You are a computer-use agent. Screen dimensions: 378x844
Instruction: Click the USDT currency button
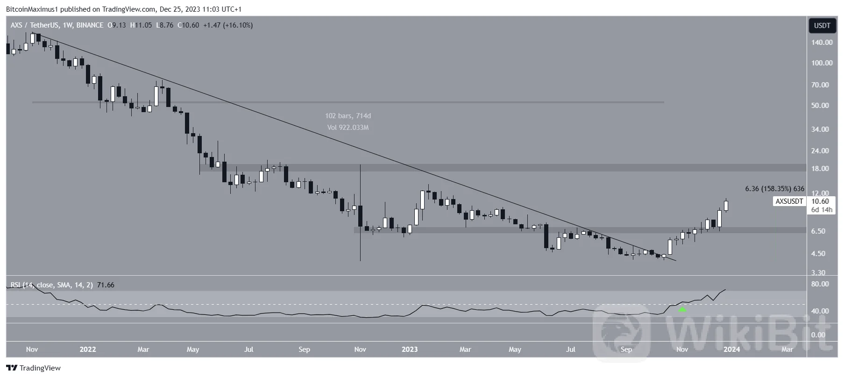(822, 26)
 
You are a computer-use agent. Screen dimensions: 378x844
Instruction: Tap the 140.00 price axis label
(822, 43)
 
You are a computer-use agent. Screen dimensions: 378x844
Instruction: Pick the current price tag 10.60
(820, 201)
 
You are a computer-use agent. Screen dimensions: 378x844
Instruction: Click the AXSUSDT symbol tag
(789, 201)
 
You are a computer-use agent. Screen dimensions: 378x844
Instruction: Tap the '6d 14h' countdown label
(821, 210)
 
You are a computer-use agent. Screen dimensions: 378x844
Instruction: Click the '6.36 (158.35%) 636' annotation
(774, 189)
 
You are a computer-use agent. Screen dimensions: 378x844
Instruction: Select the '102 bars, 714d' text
(348, 116)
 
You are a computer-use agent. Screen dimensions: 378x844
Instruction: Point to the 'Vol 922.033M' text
(348, 128)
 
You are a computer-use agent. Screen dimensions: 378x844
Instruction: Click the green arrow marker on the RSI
(682, 309)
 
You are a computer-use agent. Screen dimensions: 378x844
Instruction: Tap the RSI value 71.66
(106, 285)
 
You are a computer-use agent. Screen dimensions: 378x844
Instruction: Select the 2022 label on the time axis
(88, 349)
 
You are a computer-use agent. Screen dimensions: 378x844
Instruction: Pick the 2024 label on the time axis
(731, 349)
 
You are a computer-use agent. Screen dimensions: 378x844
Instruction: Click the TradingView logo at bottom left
(34, 368)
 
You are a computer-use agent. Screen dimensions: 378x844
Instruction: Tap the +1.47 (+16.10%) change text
(228, 25)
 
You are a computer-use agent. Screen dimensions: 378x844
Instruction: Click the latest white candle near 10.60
(726, 205)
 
